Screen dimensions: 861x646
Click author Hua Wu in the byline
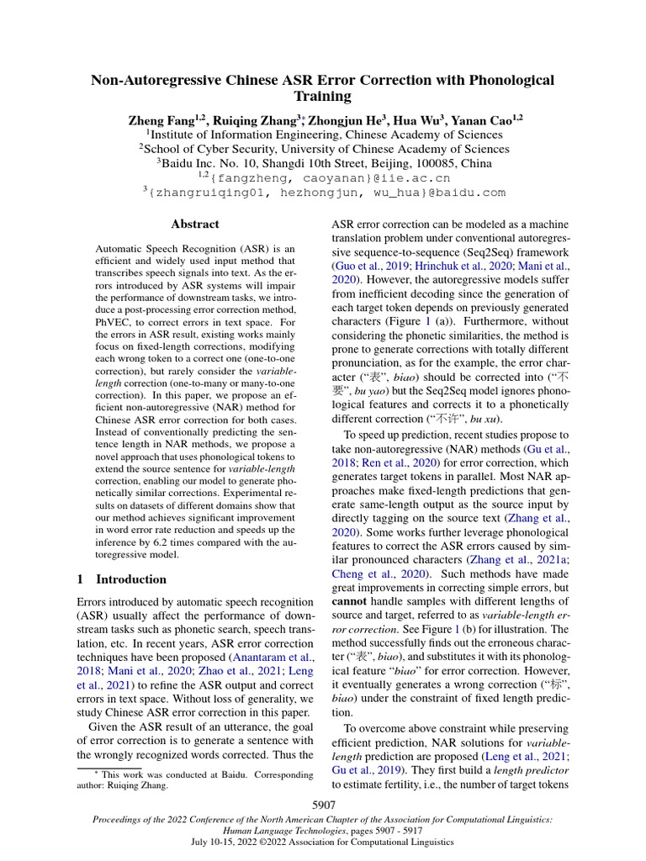[406, 120]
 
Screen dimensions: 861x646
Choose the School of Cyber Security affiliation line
[323, 149]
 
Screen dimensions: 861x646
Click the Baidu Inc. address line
[323, 163]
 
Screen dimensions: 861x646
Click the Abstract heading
[194, 224]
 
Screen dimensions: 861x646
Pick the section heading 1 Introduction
[121, 579]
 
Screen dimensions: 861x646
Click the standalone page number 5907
[323, 806]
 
